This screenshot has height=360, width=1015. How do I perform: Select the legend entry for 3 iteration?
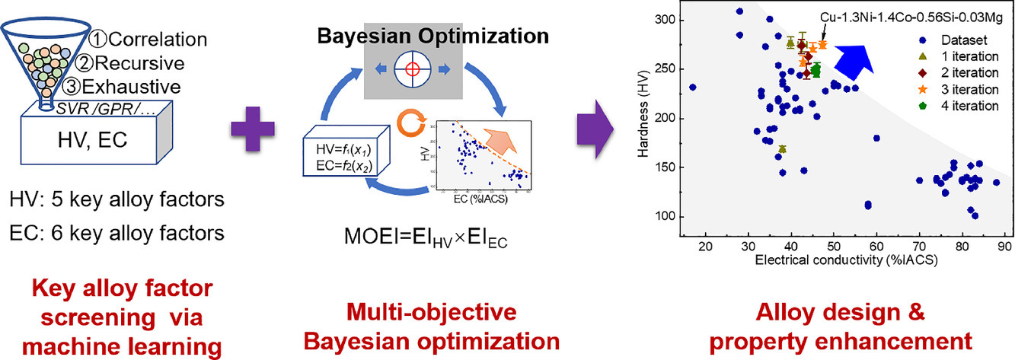[959, 89]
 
